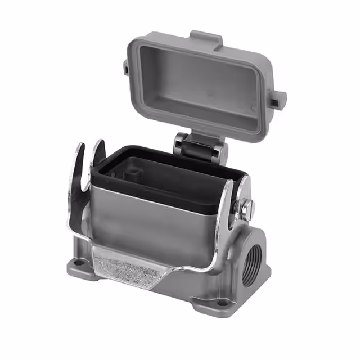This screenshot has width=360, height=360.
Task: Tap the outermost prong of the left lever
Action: [79, 163]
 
